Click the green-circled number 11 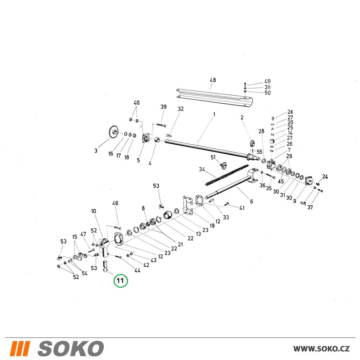pos(120,280)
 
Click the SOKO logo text pos(71,348)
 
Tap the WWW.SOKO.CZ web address pos(321,349)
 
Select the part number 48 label pos(213,80)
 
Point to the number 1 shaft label pos(214,114)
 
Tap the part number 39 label pos(163,107)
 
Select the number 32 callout pos(181,109)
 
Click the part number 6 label pos(252,201)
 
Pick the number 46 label pos(115,203)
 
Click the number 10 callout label pos(94,211)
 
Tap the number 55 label pos(260,152)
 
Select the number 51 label pos(213,157)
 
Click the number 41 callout pos(242,208)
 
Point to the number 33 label pos(226,217)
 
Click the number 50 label pos(268,93)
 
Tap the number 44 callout pos(137,270)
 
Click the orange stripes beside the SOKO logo pos(20,348)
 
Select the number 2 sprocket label pos(242,118)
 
